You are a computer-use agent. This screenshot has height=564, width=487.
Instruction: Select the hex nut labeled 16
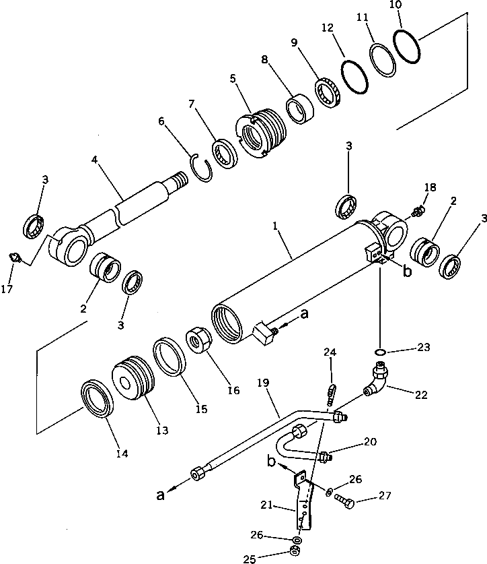tap(200, 339)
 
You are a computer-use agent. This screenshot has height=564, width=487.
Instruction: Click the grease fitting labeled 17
tap(14, 256)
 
